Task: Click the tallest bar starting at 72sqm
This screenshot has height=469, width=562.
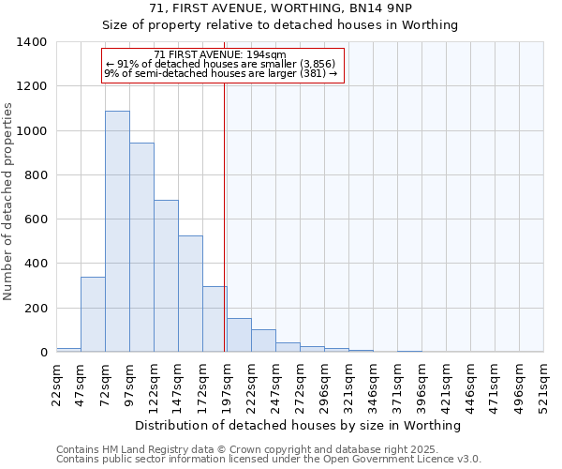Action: pos(117,232)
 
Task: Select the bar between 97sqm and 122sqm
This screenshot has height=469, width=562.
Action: pos(141,248)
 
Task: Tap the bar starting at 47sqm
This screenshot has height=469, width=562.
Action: pos(93,314)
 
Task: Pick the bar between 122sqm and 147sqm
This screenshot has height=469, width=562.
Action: pos(166,276)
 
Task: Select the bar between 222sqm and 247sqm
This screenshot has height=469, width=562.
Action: pos(263,341)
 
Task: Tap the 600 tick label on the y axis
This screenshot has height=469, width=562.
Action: pos(36,219)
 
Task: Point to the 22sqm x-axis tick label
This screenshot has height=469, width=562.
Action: pos(57,384)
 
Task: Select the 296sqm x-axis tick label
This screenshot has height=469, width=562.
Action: pos(324,384)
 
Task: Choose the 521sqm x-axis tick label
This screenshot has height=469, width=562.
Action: pos(543,384)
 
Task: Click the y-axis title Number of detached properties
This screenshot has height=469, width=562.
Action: pos(9,197)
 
